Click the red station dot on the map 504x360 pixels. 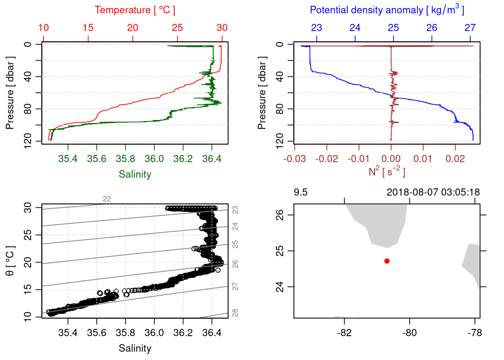tap(387, 261)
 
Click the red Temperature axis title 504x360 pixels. tap(135, 10)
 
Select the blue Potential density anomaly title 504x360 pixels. tap(387, 10)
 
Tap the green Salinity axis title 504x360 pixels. tap(135, 174)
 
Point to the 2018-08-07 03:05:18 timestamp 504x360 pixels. tap(433, 192)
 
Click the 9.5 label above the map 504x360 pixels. tap(300, 192)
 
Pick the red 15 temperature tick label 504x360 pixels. tap(88, 28)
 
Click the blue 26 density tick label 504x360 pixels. tap(432, 28)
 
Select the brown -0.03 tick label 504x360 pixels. tap(294, 159)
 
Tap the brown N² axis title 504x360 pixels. tap(387, 172)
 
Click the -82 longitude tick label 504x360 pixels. tap(344, 333)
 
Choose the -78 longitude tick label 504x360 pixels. tap(475, 333)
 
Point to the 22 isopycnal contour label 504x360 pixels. tap(107, 199)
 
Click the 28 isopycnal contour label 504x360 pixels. tap(235, 313)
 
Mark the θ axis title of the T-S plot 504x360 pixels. tap(10, 261)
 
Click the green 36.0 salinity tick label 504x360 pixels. tap(154, 159)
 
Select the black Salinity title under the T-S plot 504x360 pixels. tap(135, 348)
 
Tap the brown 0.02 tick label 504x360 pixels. tap(455, 159)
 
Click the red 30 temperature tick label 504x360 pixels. tap(222, 28)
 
